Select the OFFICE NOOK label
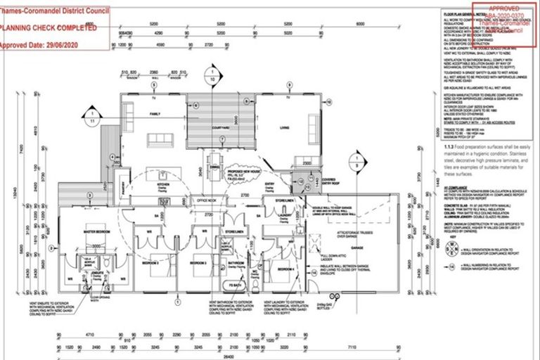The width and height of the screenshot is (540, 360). click(x=210, y=200)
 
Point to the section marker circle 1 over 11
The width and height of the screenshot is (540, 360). click(x=91, y=117)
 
